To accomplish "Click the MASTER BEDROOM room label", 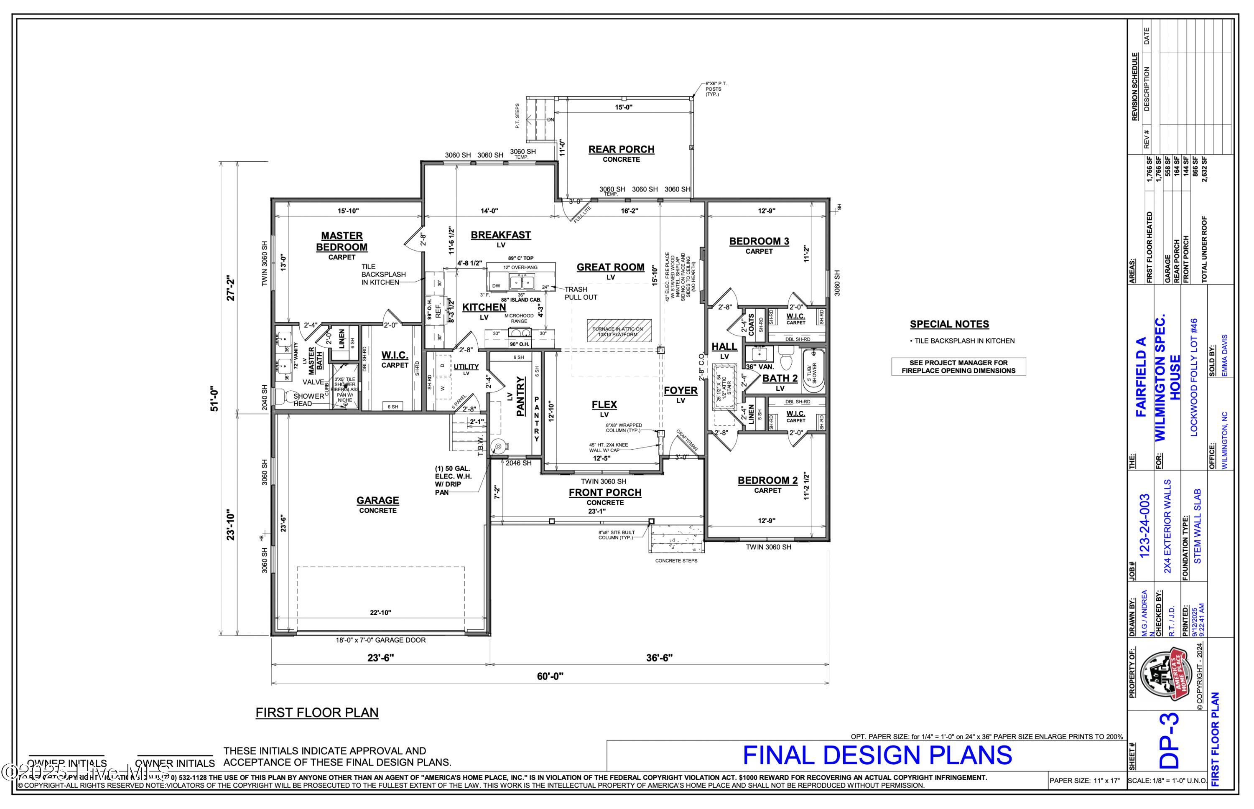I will (x=342, y=241).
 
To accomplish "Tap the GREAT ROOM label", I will (x=610, y=267).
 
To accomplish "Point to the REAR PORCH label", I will (x=621, y=149).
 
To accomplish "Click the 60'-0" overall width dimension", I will (x=550, y=676).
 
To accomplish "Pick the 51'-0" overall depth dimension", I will (x=214, y=399).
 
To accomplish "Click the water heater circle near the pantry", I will (x=497, y=446).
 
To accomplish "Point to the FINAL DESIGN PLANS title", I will (x=877, y=756).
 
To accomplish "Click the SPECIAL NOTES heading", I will (x=949, y=324).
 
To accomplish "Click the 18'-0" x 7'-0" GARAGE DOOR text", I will (x=380, y=640).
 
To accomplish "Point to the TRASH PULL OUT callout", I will (x=581, y=293).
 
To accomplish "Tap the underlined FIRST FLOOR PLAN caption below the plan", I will (x=317, y=712).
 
